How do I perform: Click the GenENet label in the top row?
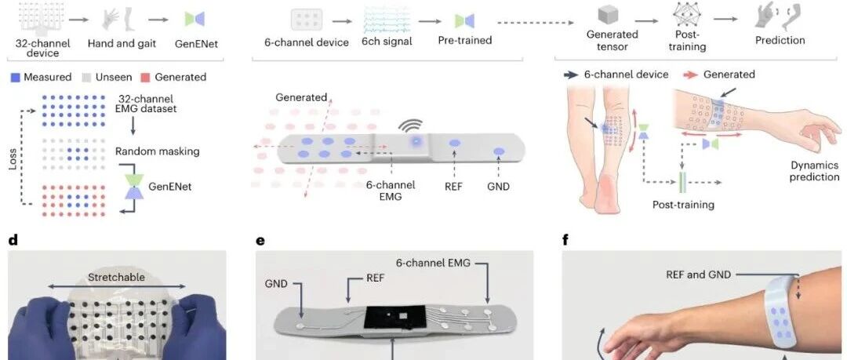click(x=196, y=45)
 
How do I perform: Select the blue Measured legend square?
click(x=15, y=78)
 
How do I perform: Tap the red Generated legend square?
click(x=145, y=78)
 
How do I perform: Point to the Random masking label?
click(x=157, y=152)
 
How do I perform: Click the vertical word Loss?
click(x=13, y=159)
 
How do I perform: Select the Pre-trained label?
click(x=464, y=40)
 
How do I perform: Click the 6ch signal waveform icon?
click(x=386, y=20)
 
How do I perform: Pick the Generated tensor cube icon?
click(x=612, y=16)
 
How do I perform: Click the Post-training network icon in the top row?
click(x=687, y=15)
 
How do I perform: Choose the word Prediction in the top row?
click(x=780, y=40)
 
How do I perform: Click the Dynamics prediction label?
click(x=815, y=171)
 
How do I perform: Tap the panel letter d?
click(x=13, y=239)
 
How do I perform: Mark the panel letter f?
click(x=565, y=239)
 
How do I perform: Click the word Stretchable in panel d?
click(x=117, y=278)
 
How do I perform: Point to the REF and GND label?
click(x=698, y=275)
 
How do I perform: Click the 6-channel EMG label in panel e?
click(x=433, y=264)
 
